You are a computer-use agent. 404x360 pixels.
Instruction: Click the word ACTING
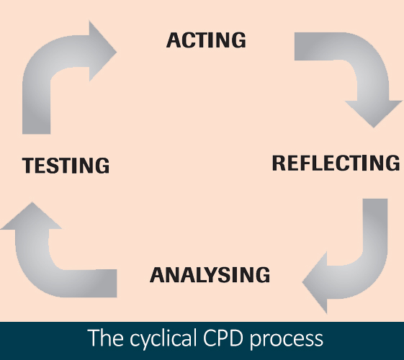click(206, 40)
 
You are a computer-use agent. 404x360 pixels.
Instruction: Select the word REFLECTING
click(336, 163)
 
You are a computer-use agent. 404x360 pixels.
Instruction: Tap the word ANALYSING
click(210, 275)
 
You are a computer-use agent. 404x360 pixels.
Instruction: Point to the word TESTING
click(66, 165)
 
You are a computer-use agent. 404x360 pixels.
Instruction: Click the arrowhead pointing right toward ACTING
click(102, 52)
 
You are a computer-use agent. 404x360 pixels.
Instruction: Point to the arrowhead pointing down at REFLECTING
click(374, 113)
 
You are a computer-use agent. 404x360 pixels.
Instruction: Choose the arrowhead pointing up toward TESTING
click(32, 216)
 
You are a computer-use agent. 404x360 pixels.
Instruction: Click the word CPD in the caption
click(223, 338)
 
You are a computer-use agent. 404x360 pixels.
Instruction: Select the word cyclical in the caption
click(161, 338)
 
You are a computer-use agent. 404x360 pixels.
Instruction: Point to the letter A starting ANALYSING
click(158, 275)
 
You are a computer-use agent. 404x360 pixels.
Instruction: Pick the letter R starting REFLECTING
click(279, 163)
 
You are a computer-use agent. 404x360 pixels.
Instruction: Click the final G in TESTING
click(102, 165)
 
